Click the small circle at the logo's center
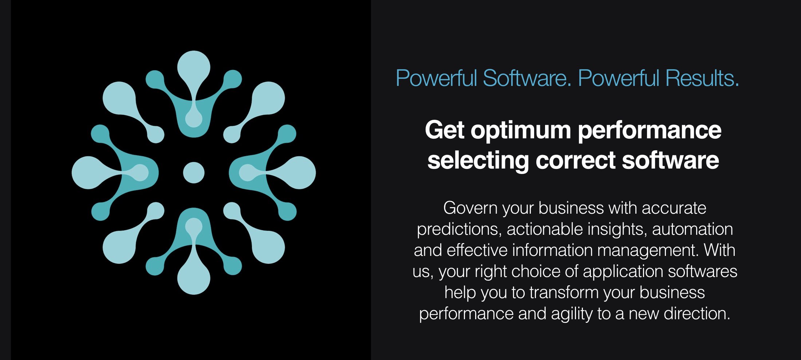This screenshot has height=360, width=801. (x=194, y=173)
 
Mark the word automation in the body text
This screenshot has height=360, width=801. (x=693, y=229)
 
